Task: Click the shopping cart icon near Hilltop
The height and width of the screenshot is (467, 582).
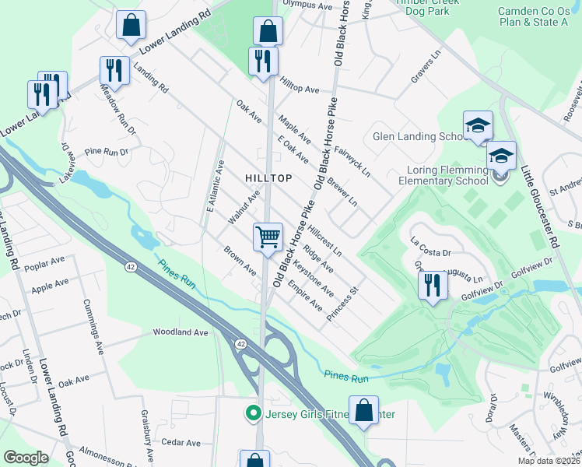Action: tap(268, 237)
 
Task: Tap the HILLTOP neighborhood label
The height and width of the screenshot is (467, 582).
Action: tap(268, 178)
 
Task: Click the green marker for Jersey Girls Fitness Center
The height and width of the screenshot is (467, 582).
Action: tap(251, 413)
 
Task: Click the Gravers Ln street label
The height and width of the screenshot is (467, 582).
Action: tap(426, 72)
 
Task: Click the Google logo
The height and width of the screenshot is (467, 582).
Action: tap(26, 458)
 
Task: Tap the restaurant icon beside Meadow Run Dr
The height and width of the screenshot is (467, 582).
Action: tap(114, 71)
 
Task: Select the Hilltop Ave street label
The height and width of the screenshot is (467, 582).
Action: tap(300, 90)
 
